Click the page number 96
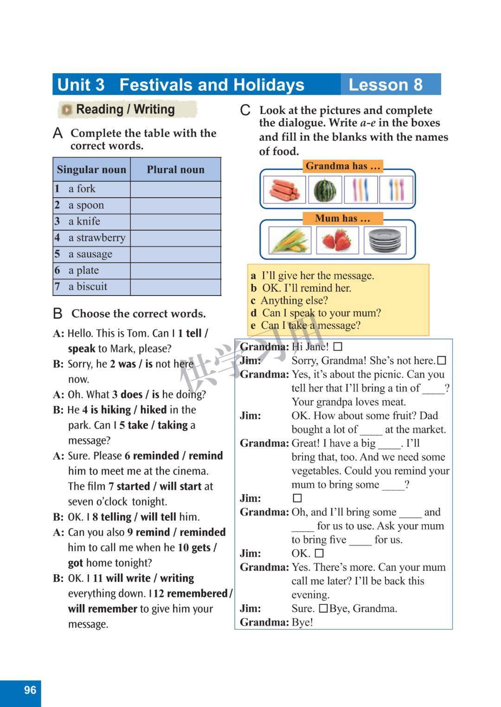[30, 690]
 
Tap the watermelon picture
[325, 190]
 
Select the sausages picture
[284, 190]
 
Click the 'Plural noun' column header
[175, 170]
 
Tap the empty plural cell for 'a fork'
[175, 189]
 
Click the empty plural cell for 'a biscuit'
[175, 287]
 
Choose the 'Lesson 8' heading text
[385, 85]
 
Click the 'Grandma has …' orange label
[343, 166]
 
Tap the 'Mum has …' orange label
[343, 219]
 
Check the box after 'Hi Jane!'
[338, 347]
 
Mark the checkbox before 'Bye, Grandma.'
[323, 608]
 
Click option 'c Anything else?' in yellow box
[290, 301]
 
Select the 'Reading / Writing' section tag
[125, 109]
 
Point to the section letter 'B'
[58, 314]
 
